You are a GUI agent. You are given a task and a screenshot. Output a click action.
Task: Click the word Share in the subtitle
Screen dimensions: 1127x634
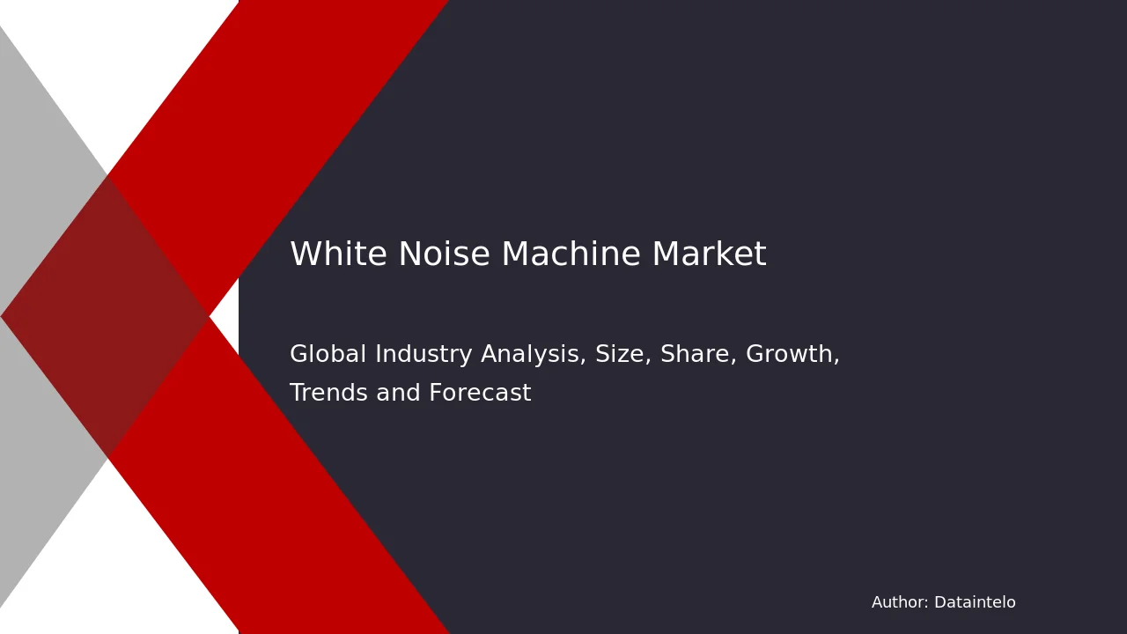(x=695, y=354)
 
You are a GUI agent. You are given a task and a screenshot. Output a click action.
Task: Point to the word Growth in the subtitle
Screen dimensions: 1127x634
(x=789, y=354)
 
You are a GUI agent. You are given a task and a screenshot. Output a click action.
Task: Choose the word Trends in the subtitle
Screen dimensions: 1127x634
(x=329, y=393)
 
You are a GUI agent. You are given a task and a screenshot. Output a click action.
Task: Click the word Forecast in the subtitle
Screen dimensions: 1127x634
(x=480, y=393)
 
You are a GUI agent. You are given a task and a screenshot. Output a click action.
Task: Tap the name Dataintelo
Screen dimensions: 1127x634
(x=975, y=602)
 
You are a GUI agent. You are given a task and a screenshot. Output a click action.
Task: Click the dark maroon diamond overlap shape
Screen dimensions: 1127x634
(x=106, y=316)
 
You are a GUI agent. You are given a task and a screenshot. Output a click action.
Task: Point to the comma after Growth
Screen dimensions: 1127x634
(x=836, y=362)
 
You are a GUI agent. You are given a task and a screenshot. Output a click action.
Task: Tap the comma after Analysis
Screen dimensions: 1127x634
(x=583, y=362)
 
